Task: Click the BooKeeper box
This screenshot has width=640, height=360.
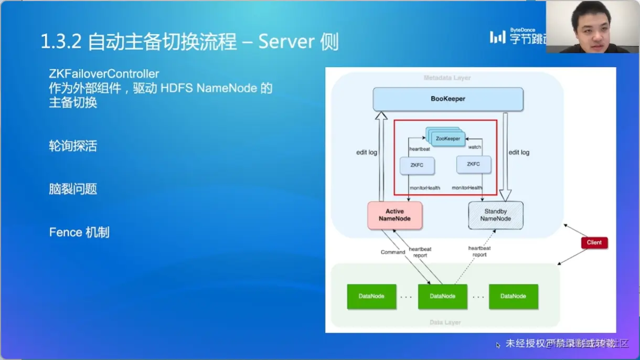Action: tap(448, 99)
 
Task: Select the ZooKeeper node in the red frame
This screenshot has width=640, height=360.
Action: tap(447, 139)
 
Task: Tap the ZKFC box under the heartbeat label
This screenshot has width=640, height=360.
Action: tap(417, 165)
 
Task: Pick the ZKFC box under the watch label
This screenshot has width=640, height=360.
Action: tap(473, 164)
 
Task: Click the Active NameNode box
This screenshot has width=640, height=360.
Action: tap(395, 215)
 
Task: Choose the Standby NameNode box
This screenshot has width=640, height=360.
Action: tap(495, 215)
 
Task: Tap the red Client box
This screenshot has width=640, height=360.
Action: tap(594, 242)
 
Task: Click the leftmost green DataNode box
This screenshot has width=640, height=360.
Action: tap(371, 297)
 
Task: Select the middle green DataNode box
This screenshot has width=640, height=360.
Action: tap(442, 297)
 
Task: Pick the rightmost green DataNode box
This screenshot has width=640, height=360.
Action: tap(513, 297)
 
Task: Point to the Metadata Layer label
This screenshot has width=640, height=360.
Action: tap(447, 78)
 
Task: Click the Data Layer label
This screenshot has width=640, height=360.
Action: tap(445, 322)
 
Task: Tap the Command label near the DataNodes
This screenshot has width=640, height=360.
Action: tap(393, 252)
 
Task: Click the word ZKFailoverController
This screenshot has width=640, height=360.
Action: tap(104, 74)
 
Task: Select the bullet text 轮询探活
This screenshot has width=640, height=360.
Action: tap(73, 146)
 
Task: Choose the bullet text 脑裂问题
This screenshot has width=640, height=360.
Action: tap(73, 189)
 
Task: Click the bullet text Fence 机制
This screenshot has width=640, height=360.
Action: tap(79, 232)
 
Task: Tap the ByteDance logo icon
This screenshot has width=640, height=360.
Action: tap(497, 37)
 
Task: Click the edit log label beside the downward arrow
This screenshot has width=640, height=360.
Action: tap(518, 152)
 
